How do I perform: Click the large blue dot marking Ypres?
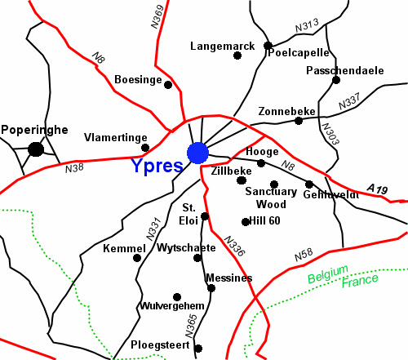point(197,153)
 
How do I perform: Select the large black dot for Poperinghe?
point(35,149)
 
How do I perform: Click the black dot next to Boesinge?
point(168,84)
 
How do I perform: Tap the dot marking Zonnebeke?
point(299,121)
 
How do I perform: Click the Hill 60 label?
point(266,221)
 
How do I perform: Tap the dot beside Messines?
point(211,287)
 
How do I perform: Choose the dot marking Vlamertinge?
point(145,148)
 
